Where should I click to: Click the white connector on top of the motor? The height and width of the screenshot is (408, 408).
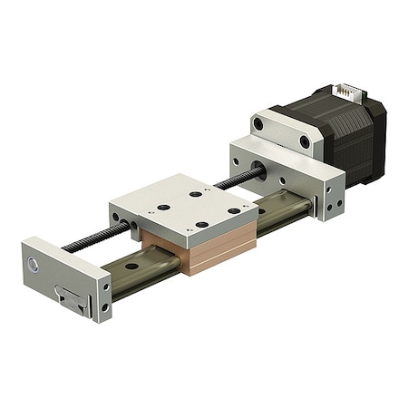346,92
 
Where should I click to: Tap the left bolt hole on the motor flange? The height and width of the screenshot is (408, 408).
258,123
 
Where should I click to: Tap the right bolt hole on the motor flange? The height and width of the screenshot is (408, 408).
305,141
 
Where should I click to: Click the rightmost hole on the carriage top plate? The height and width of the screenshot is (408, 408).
234,211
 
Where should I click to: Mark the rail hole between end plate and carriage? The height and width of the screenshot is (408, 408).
131,267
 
